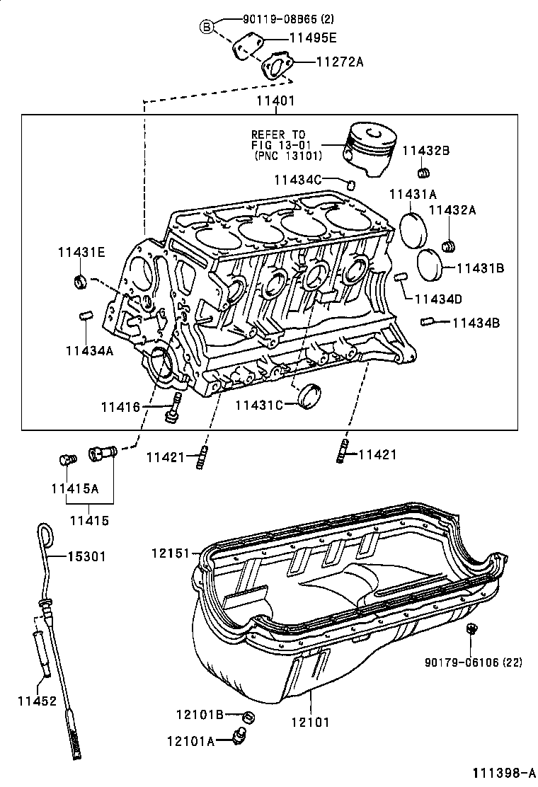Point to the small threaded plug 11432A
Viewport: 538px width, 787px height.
coord(448,246)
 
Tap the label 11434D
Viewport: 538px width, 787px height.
coord(438,299)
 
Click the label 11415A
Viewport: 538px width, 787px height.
coord(74,488)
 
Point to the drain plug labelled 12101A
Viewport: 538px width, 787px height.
coord(241,737)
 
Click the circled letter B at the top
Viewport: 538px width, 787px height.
coord(207,27)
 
